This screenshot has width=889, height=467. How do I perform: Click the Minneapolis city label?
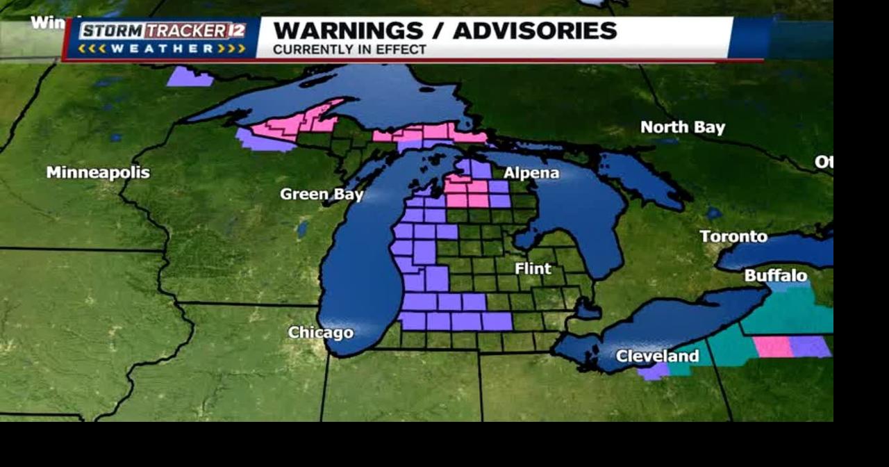(97, 172)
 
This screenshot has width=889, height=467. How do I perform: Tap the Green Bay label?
(321, 195)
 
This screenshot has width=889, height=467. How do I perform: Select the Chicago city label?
(320, 333)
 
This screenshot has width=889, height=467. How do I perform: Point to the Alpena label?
(531, 173)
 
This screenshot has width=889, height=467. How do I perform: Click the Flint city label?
(533, 268)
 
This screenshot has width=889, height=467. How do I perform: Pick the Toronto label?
(733, 236)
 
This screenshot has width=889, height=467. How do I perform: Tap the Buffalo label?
(776, 276)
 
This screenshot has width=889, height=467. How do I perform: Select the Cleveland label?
(657, 357)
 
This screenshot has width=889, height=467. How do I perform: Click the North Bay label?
(682, 127)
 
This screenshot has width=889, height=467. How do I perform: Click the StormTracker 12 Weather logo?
(162, 38)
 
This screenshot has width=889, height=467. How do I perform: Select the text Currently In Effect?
(349, 50)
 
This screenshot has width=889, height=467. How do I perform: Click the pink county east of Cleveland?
(772, 346)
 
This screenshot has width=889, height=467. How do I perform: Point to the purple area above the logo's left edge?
(188, 76)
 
